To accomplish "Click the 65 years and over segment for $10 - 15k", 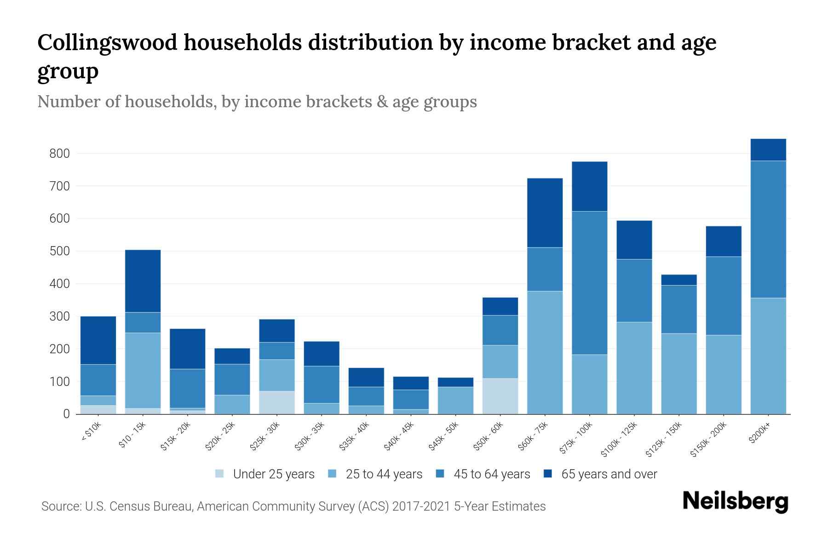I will coord(143,281).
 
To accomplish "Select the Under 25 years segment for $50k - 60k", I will coord(500,396).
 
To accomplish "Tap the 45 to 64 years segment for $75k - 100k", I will coord(590,283).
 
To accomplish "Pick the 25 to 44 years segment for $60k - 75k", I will coord(545,352).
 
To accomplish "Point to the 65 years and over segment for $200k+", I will coord(768,150).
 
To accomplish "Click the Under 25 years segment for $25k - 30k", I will coord(277,402).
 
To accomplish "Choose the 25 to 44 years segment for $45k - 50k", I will coord(456,400).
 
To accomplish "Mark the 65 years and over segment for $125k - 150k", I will coord(679,280).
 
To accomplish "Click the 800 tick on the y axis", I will coord(59,154).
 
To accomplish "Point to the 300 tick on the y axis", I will coord(59,316).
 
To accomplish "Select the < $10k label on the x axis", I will coord(91,433).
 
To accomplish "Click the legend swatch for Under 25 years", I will coord(220,474).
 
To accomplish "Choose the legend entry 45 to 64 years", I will coord(492,474).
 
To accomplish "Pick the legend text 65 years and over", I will coord(609,474).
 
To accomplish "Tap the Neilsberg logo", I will coord(736,501).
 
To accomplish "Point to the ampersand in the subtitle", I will coord(381,101).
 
